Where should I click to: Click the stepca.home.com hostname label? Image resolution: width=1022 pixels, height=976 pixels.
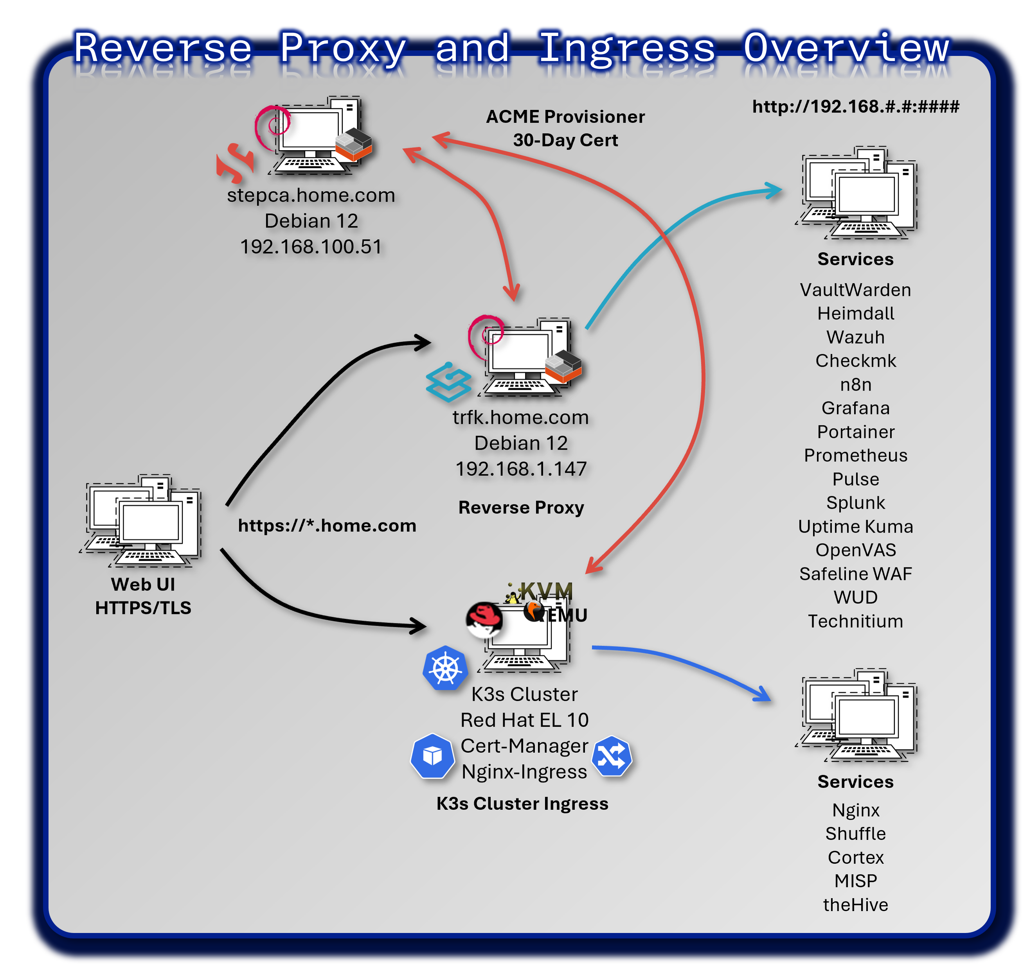311,195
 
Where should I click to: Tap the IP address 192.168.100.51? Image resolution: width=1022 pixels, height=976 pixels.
311,247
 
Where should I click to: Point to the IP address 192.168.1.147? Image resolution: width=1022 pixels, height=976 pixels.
521,469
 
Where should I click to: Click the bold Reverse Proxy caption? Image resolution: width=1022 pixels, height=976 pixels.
521,507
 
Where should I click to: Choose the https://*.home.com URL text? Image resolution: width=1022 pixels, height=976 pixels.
327,526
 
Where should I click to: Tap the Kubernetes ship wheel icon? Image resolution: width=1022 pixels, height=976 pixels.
445,669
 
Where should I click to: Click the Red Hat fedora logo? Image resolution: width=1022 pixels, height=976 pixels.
484,619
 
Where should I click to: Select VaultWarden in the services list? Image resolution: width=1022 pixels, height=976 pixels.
855,290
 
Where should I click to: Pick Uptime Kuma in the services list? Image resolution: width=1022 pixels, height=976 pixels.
855,526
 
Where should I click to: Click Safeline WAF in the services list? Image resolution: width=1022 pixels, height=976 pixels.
855,574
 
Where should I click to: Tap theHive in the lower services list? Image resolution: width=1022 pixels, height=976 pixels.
855,905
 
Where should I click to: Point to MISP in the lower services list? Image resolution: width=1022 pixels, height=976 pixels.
855,881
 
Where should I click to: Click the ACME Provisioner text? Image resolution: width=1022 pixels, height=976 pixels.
565,117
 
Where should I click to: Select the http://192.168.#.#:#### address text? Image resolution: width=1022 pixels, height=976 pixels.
855,107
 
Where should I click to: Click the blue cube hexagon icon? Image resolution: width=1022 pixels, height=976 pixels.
432,756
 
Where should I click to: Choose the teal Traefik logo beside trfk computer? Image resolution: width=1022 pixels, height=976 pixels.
448,382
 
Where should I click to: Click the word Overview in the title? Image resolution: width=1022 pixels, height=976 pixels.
846,48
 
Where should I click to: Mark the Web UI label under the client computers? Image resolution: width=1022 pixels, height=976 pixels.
143,584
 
